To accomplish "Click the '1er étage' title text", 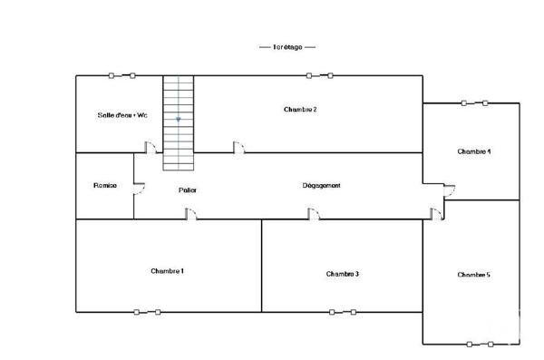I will point(287,46).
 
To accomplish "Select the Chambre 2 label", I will point(300,109).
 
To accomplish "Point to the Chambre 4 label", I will point(474,151).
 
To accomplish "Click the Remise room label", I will point(105,186).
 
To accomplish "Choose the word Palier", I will point(188,190).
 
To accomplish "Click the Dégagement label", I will point(321,186).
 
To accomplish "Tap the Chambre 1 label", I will point(168,271).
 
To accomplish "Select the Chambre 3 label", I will point(344,274).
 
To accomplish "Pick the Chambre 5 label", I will point(474,275).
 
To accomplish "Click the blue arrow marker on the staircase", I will point(179,119).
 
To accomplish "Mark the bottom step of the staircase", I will point(179,166).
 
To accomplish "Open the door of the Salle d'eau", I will point(153,148).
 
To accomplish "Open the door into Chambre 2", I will point(238,148).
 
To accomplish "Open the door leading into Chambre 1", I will point(191,214).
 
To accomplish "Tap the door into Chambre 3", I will point(313,214).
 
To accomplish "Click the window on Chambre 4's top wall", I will point(475,102).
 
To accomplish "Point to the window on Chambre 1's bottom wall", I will point(147,312).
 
